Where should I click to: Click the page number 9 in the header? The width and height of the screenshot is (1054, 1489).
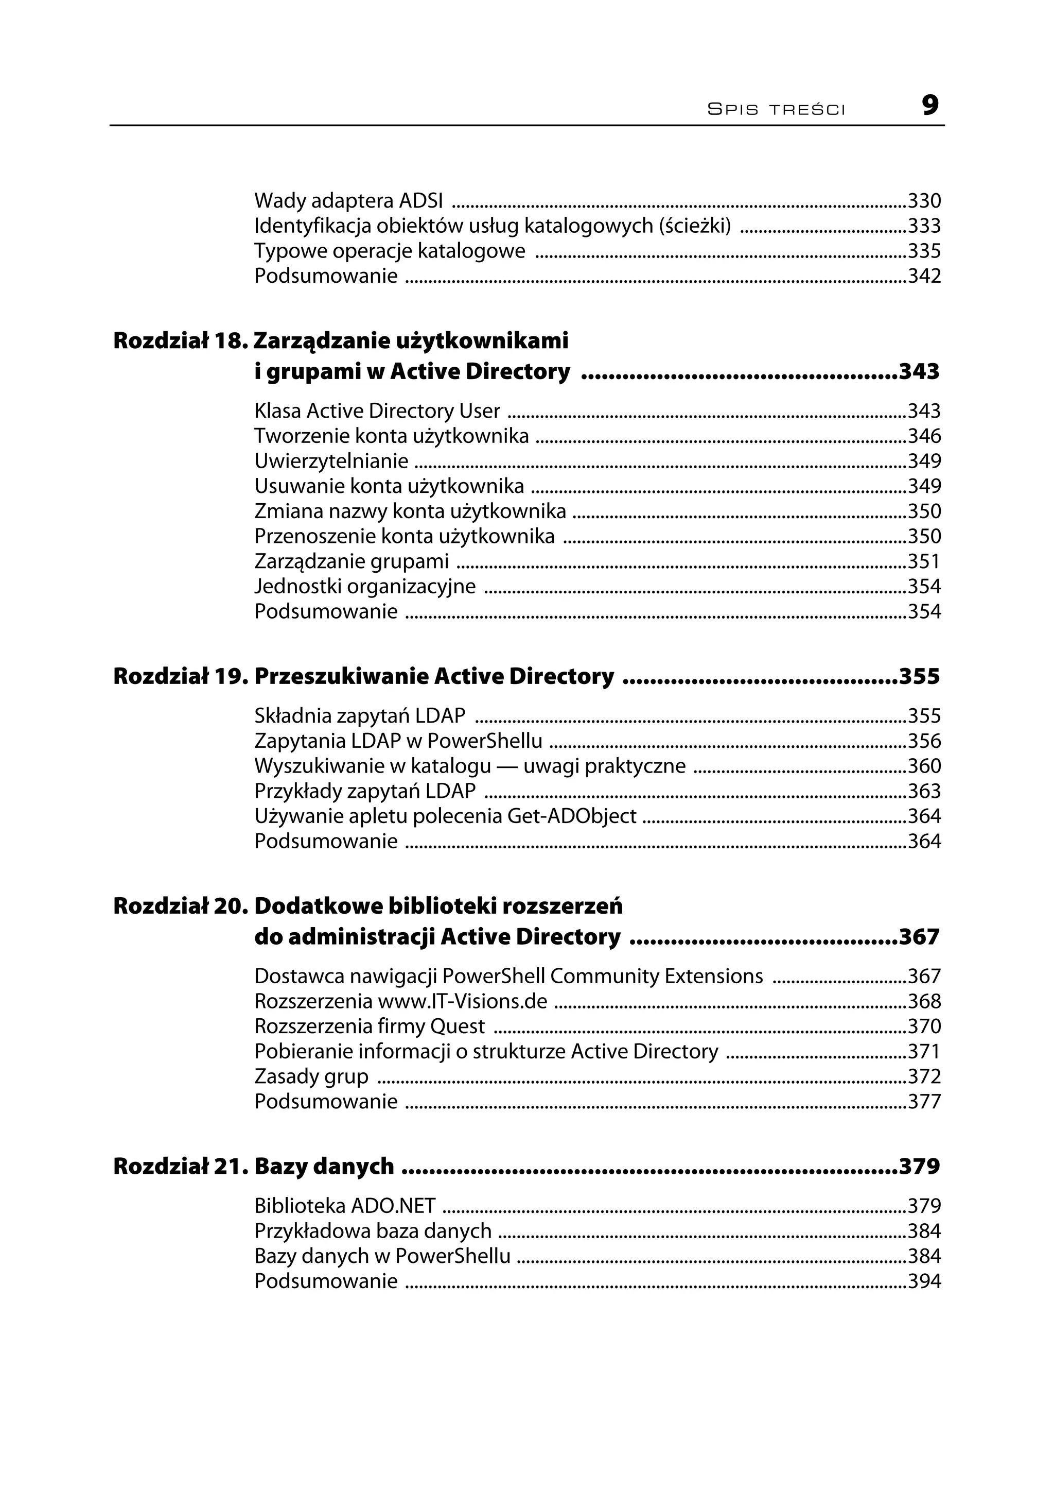929,105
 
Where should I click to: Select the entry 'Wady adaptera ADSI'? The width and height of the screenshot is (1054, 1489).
348,201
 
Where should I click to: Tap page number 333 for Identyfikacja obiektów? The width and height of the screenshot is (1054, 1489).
924,226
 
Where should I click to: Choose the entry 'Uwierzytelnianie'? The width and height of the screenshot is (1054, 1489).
331,461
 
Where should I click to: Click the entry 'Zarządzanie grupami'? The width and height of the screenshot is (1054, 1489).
351,561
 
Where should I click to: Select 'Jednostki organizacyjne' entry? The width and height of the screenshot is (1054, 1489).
365,586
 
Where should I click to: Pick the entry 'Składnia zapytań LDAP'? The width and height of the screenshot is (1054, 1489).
360,715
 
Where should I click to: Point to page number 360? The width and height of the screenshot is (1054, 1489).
924,766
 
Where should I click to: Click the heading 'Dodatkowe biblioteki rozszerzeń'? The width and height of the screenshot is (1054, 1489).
438,906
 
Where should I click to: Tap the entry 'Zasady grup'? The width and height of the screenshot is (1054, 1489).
311,1076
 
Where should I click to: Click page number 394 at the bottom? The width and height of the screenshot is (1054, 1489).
924,1281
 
